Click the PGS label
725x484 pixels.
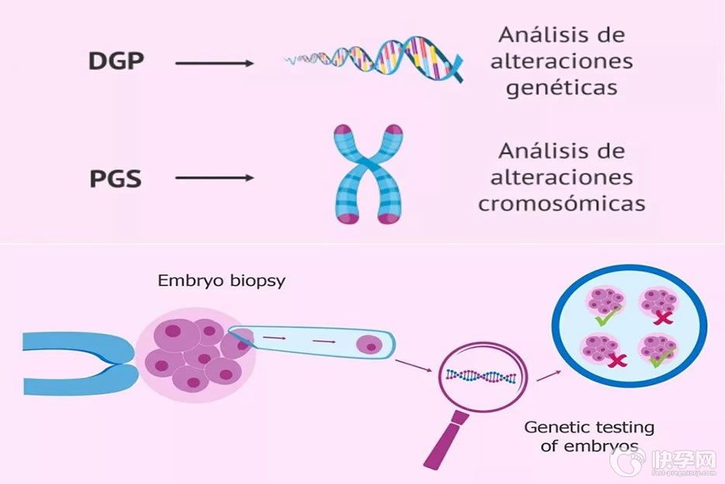tap(116, 179)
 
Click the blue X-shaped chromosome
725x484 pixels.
tap(368, 175)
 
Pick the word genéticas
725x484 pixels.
tap(562, 87)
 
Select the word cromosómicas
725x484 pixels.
tap(561, 203)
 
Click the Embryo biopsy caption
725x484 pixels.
tap(222, 280)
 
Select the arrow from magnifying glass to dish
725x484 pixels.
tap(549, 375)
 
